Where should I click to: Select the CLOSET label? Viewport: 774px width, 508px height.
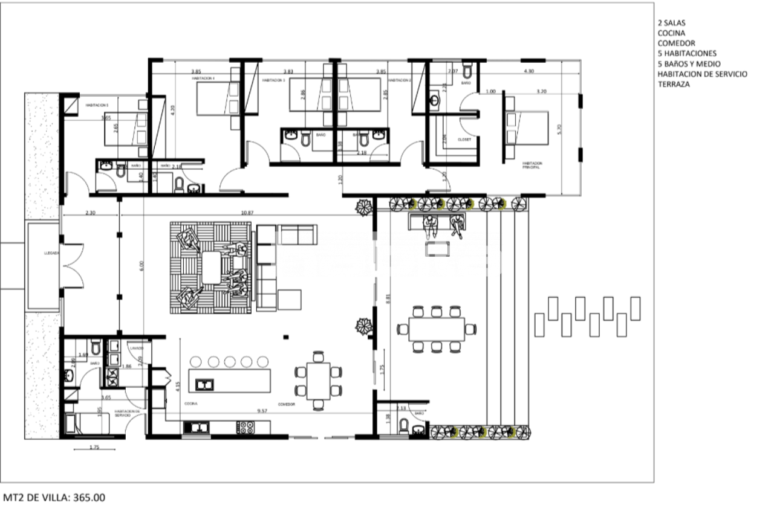point(465,138)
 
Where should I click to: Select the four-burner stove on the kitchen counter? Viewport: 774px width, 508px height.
point(246,427)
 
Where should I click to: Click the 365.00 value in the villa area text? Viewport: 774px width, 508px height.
point(89,498)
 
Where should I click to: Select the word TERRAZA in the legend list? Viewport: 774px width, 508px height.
point(674,84)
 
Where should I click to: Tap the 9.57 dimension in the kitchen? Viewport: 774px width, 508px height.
point(262,411)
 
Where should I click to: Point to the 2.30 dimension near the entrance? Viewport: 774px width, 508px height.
point(91,213)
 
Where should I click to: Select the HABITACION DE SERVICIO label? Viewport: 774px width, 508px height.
point(128,413)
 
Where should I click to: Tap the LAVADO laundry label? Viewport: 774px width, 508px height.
point(136,348)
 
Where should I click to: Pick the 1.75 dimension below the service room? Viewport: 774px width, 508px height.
point(94,448)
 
